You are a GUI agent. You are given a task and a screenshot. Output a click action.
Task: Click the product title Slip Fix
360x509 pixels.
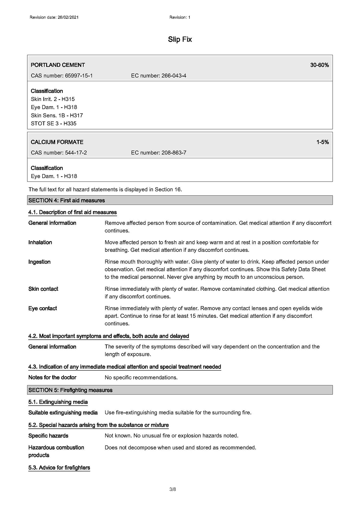click(180, 40)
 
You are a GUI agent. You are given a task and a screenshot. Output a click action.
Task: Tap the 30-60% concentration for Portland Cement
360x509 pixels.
click(319, 65)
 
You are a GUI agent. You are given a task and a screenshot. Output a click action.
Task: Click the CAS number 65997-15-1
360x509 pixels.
click(79, 76)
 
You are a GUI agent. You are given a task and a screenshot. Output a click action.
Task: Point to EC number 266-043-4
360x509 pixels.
click(174, 76)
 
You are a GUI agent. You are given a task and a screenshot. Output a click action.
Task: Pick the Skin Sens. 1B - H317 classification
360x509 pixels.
click(57, 115)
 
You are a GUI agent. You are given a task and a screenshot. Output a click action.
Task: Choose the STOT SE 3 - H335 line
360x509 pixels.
click(53, 124)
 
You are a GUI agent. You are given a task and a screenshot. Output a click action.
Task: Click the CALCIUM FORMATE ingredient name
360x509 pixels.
click(57, 142)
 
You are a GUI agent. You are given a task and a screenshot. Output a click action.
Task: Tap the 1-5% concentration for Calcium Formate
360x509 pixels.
click(322, 142)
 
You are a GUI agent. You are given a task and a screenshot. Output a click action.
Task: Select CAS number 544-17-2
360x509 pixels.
click(76, 153)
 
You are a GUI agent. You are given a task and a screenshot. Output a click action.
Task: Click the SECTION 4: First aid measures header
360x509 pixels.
click(67, 200)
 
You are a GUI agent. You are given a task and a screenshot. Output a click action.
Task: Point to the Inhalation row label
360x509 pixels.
click(40, 242)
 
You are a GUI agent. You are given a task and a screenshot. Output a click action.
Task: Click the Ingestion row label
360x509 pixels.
click(39, 262)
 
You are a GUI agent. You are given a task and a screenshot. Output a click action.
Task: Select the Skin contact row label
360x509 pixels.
click(43, 289)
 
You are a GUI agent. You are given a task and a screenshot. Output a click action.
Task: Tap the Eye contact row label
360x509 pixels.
click(43, 308)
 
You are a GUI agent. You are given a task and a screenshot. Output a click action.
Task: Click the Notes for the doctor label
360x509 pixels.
click(52, 377)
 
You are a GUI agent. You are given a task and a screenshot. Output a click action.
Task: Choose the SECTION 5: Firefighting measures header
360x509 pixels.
click(70, 390)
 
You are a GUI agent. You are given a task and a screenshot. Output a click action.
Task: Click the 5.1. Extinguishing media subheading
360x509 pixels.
click(58, 402)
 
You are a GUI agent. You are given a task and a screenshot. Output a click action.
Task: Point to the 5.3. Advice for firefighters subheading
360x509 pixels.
click(59, 468)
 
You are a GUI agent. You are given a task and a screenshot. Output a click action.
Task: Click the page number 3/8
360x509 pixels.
click(172, 490)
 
